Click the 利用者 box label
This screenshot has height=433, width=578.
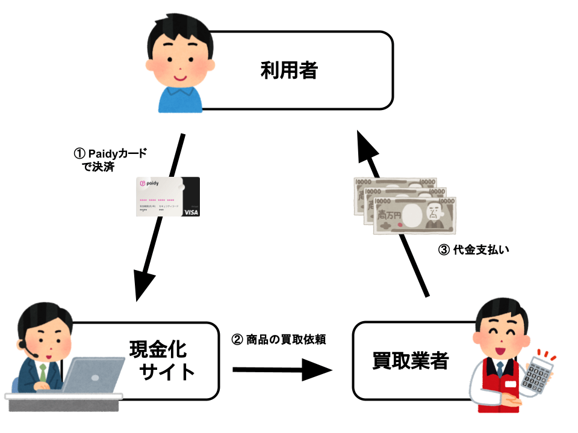point(288,71)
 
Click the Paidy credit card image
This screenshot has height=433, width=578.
point(167,197)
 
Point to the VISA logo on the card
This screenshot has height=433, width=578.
point(191,212)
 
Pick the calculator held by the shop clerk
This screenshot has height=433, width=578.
point(537,374)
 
